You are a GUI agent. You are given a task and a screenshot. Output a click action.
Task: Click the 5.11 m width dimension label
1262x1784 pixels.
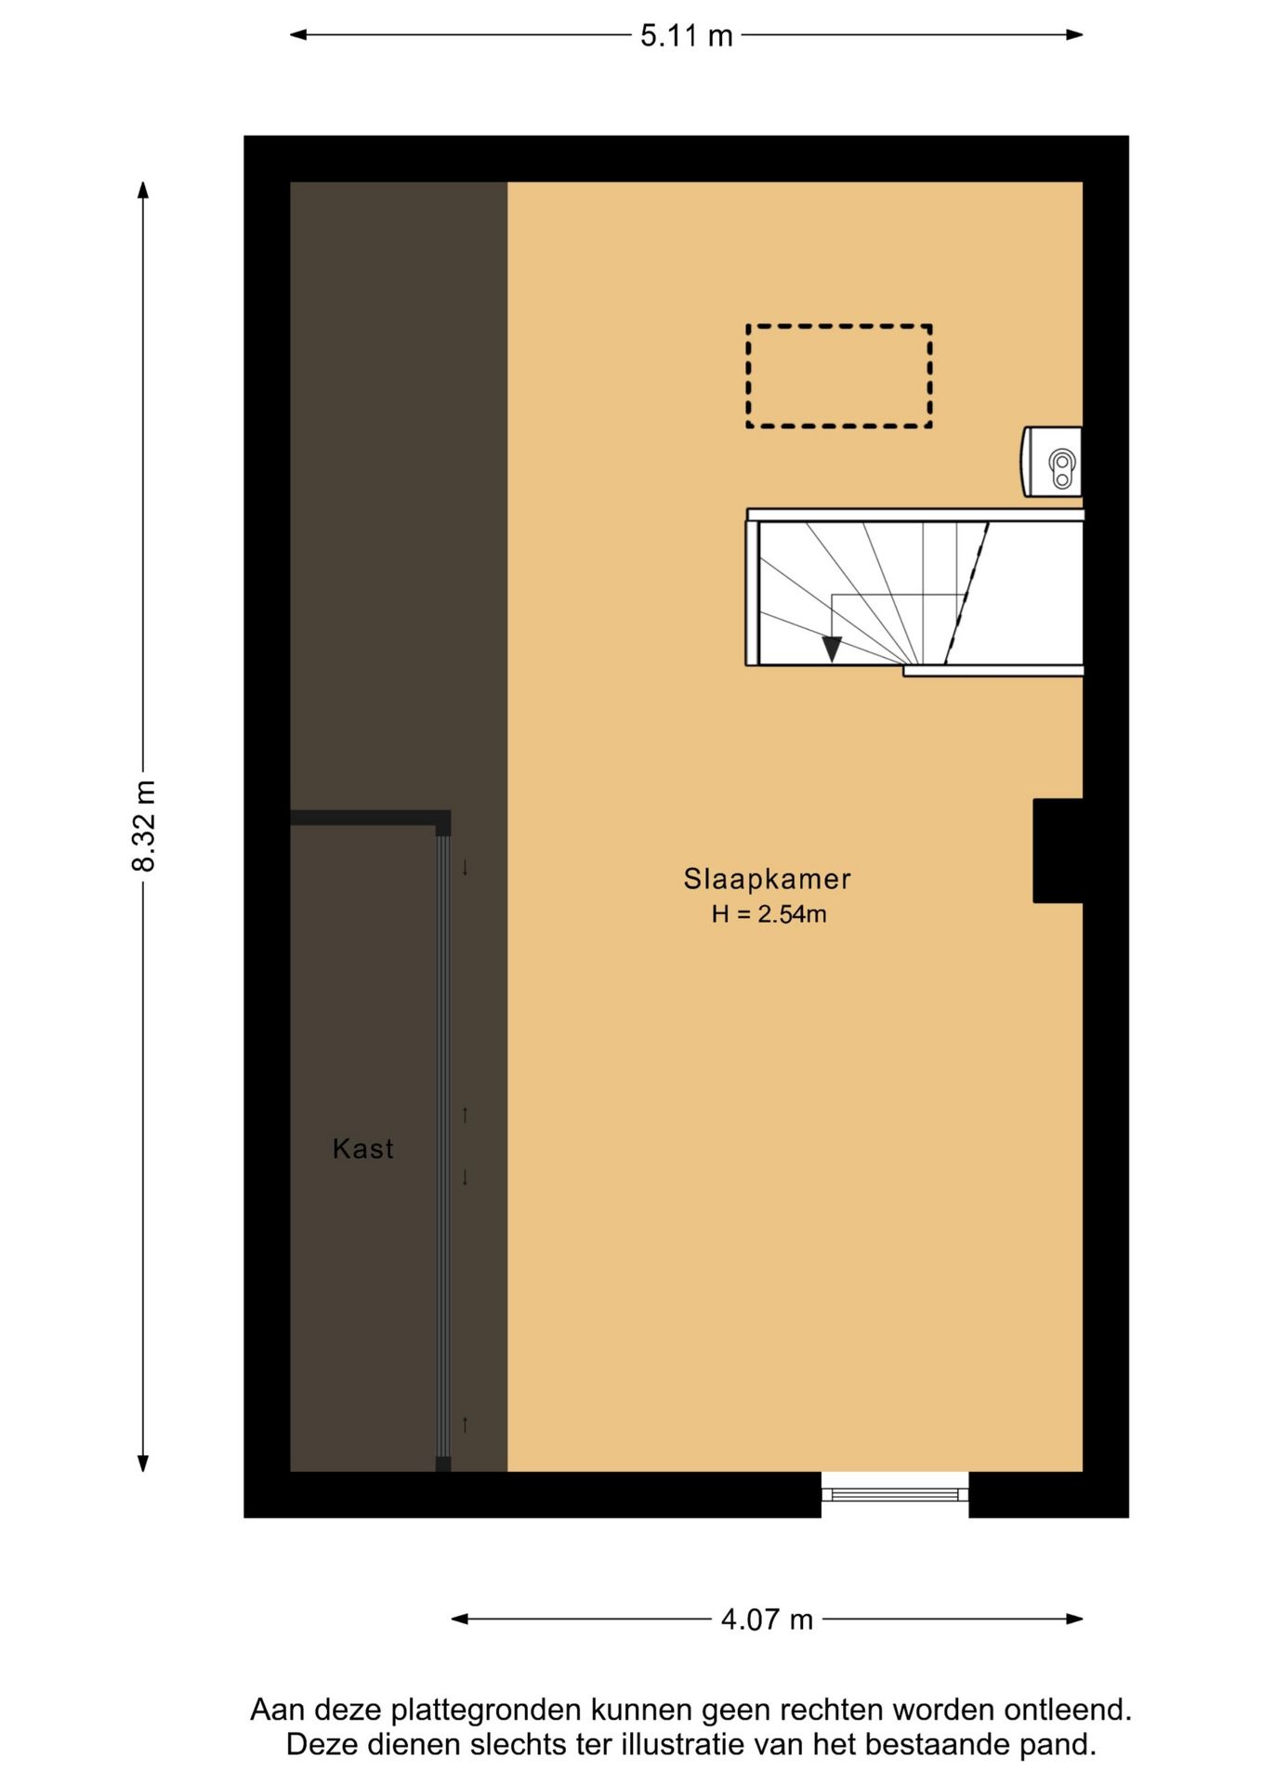tap(687, 36)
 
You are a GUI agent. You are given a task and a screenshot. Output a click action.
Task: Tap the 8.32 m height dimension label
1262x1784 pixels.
tap(144, 826)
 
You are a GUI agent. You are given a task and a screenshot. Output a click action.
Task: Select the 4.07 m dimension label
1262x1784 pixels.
tap(767, 1620)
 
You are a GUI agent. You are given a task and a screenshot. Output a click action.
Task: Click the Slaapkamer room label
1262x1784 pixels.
tap(767, 879)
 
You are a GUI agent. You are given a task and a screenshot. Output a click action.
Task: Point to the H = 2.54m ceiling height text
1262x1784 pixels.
tap(769, 914)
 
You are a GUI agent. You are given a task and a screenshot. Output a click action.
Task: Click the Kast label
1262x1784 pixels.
tap(362, 1149)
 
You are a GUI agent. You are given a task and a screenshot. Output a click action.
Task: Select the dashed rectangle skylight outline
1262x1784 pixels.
tap(839, 325)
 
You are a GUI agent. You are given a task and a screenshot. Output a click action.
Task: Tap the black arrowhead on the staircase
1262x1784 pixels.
tap(832, 649)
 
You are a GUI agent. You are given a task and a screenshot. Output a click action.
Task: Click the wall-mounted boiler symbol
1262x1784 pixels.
tap(1052, 462)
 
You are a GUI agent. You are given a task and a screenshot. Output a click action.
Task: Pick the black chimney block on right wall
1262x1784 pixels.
tap(1058, 850)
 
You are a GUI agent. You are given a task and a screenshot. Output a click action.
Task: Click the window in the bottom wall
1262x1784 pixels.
tap(895, 1494)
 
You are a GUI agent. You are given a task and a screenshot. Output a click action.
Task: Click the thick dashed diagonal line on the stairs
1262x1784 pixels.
tap(966, 594)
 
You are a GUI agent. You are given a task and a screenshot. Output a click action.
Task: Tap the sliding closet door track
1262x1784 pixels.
tap(443, 1147)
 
